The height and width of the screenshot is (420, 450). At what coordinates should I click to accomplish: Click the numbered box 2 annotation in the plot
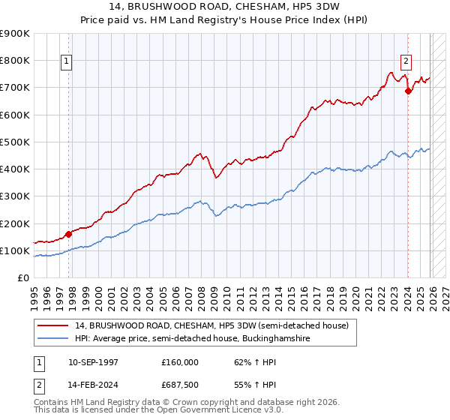[406, 61]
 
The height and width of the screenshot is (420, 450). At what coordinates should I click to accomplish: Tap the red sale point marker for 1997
[68, 234]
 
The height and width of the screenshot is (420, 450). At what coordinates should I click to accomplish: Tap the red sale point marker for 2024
[408, 91]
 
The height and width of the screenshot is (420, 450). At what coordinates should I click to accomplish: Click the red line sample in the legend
[53, 325]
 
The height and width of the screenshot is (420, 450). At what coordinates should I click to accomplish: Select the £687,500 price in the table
[179, 384]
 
